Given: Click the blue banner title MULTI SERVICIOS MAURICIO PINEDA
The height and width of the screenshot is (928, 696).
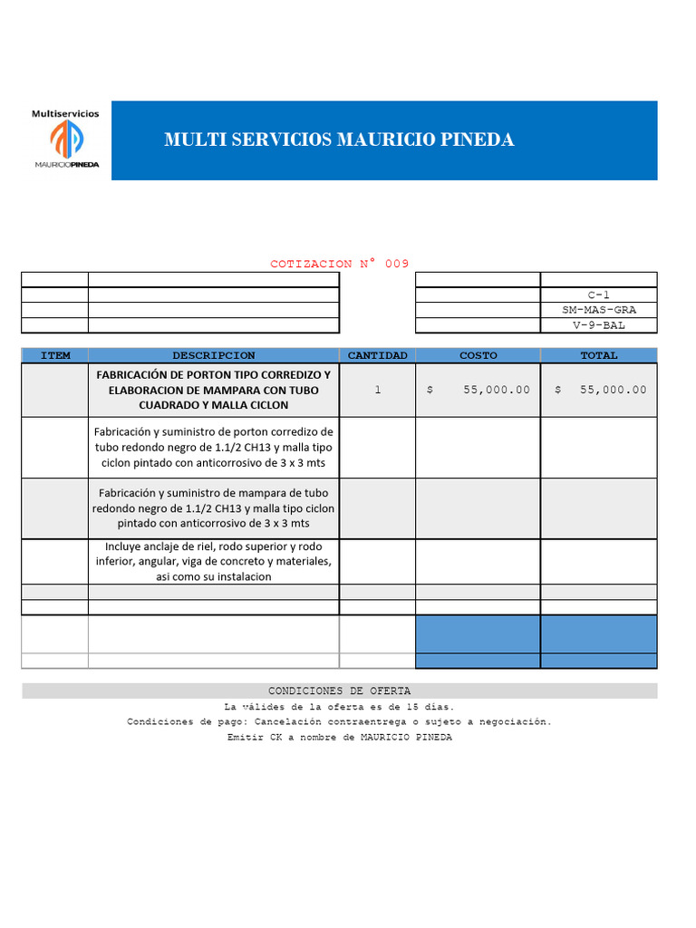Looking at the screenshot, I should pyautogui.click(x=339, y=140).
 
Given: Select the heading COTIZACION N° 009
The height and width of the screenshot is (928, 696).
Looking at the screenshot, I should pyautogui.click(x=339, y=264).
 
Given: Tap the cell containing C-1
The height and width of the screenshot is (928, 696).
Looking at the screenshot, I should pyautogui.click(x=599, y=295).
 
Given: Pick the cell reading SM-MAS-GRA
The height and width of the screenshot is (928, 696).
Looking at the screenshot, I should pyautogui.click(x=599, y=310).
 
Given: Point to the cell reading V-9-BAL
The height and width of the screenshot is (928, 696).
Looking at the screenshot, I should pyautogui.click(x=599, y=325).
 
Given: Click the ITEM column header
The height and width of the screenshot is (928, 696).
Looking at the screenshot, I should pyautogui.click(x=54, y=355).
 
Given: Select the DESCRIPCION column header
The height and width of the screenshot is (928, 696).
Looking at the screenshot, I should pyautogui.click(x=214, y=355).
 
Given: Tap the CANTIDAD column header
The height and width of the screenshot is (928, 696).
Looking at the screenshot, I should pyautogui.click(x=377, y=355).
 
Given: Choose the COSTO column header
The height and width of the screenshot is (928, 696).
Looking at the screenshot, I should pyautogui.click(x=478, y=355).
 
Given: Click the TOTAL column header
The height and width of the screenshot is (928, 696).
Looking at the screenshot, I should pyautogui.click(x=599, y=355).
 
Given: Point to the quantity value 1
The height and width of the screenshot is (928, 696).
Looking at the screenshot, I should pyautogui.click(x=377, y=390).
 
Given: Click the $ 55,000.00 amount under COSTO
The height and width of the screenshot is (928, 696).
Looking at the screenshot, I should pyautogui.click(x=478, y=390).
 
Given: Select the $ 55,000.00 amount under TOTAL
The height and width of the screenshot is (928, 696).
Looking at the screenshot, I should pyautogui.click(x=600, y=390).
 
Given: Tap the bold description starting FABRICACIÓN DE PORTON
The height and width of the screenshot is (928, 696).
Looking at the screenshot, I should pyautogui.click(x=214, y=390).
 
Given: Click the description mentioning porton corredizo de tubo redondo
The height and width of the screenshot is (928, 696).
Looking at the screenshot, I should pyautogui.click(x=214, y=448).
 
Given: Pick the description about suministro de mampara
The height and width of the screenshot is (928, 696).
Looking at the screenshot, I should pyautogui.click(x=214, y=508).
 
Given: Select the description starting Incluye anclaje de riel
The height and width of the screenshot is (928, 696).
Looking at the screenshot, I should pyautogui.click(x=214, y=562).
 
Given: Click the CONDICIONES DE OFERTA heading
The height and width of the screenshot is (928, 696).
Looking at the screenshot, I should pyautogui.click(x=339, y=691).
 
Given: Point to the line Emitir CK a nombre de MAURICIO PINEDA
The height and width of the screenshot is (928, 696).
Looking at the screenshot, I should pyautogui.click(x=339, y=737).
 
